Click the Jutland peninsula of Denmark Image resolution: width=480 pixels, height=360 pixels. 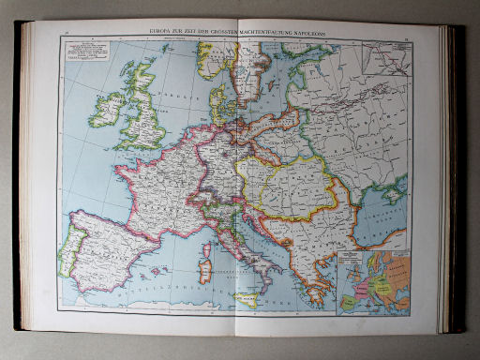[215, 94]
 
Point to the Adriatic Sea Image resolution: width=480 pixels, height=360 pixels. [259, 248]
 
